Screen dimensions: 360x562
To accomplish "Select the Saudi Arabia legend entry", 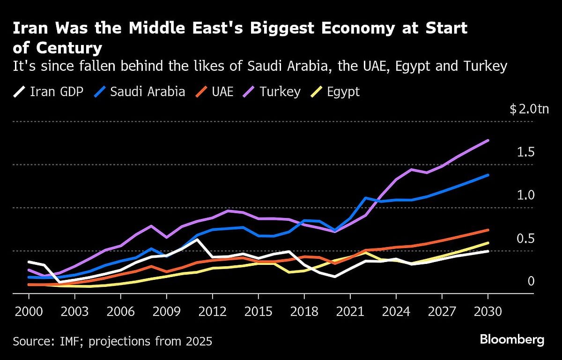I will pos(140,91).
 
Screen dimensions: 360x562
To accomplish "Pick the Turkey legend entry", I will pos(273,91).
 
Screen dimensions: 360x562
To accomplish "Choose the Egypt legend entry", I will pos(336,91).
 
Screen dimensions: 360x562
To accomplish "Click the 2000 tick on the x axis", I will pos(29,312).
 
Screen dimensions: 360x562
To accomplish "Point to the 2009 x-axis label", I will pos(166,312).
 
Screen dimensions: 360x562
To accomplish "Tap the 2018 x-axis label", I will pos(304,312).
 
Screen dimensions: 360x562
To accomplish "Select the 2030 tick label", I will pos(488,312).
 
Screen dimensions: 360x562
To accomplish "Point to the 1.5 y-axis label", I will pos(525,152).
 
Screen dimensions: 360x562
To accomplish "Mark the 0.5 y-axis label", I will pos(525,239).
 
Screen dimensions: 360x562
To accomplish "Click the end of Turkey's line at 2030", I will pos(488,140).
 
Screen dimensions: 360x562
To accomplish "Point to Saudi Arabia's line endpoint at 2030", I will pos(488,175).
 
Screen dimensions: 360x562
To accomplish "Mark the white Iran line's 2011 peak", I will pos(197,240).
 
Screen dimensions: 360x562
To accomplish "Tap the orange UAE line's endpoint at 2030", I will pos(488,230).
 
